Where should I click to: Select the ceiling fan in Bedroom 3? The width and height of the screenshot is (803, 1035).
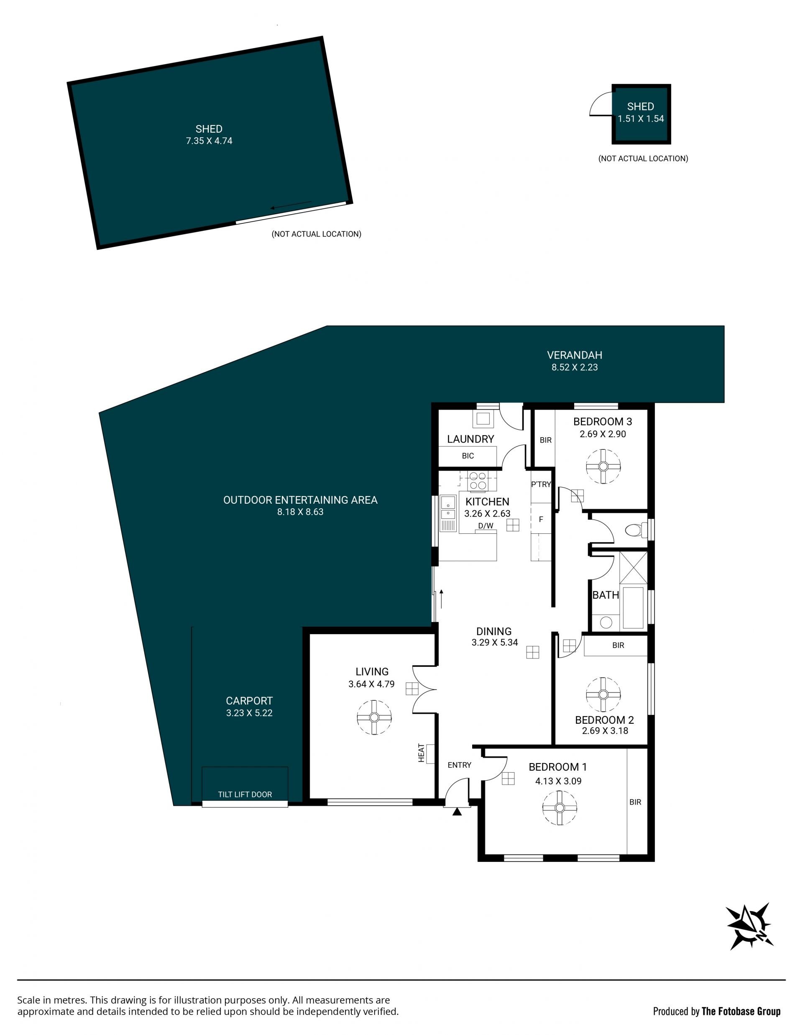[603, 466]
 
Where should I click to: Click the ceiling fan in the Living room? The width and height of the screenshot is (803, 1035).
[374, 717]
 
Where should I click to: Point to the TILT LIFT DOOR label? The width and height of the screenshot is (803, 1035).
[245, 795]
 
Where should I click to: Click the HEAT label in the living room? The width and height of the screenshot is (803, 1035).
[421, 753]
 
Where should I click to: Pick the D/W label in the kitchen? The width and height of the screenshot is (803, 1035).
[486, 525]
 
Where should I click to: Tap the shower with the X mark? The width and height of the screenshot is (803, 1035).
[633, 567]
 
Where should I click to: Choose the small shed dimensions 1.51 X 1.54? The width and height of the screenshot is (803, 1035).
[640, 119]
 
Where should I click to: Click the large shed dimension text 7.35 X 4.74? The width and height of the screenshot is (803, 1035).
[209, 141]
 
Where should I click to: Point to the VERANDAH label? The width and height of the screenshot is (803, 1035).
[575, 355]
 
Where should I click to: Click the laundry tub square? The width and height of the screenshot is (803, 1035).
[483, 418]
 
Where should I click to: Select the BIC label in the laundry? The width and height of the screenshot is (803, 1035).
[468, 456]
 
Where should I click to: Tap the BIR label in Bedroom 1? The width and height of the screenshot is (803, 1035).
[635, 802]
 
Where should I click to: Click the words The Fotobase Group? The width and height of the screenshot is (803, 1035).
[741, 1011]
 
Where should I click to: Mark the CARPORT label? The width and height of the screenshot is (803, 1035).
[249, 700]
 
